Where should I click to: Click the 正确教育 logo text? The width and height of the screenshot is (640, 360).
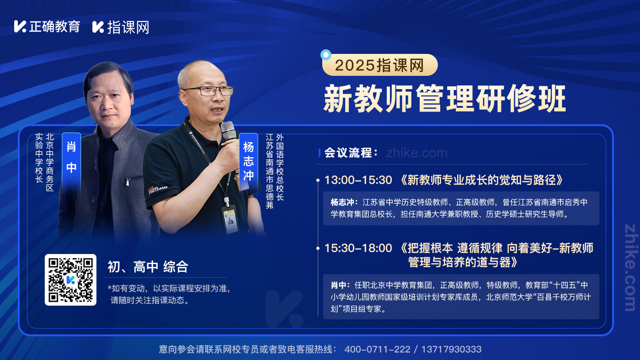(54, 26)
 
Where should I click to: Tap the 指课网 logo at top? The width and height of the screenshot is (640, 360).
(121, 27)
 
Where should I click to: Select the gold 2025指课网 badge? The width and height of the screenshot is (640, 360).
(380, 65)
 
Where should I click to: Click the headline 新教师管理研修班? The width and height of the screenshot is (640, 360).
(444, 99)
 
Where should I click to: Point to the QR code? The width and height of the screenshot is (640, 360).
(70, 280)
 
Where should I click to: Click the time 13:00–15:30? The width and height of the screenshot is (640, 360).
(358, 180)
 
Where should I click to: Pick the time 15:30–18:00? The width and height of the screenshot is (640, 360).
(358, 248)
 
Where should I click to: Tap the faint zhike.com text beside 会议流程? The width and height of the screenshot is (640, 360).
(416, 153)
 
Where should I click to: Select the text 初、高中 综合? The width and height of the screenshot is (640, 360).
(148, 267)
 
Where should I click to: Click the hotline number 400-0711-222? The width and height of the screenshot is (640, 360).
(377, 349)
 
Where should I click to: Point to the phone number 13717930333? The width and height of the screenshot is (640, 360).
(452, 349)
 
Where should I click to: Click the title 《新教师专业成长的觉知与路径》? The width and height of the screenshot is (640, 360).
(482, 180)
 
